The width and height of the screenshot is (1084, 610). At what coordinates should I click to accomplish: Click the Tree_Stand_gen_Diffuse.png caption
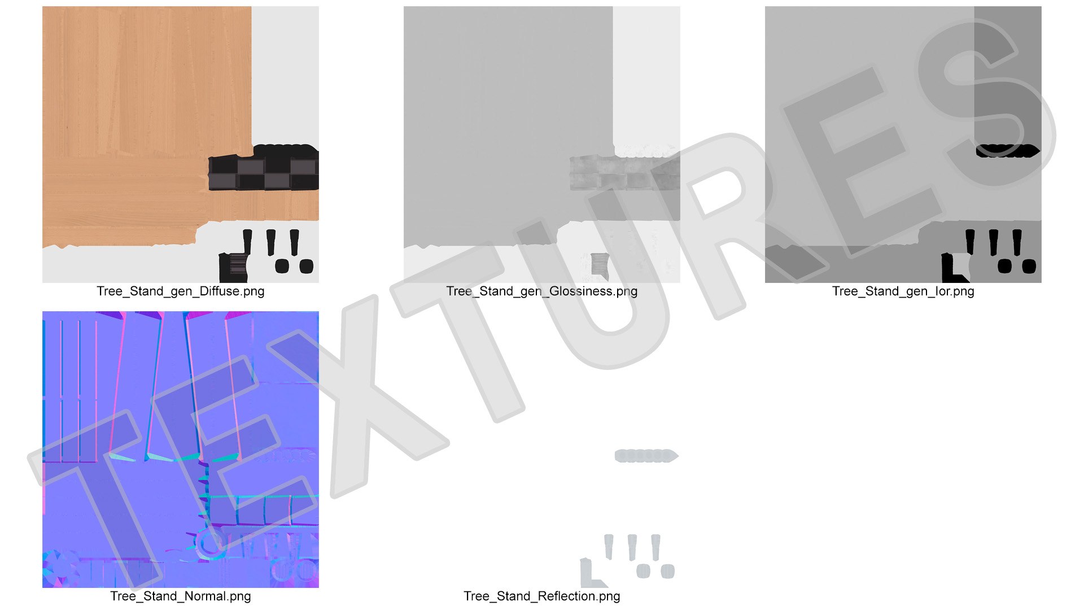tap(181, 291)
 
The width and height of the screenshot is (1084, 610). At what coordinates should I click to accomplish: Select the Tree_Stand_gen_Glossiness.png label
tap(542, 291)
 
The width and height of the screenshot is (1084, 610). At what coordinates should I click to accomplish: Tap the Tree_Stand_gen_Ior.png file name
tap(903, 291)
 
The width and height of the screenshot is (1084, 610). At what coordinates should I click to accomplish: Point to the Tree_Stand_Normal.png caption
tap(181, 596)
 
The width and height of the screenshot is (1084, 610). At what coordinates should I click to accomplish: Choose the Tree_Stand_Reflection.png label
tap(542, 596)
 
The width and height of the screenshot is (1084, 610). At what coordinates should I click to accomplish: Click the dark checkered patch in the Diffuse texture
tap(264, 173)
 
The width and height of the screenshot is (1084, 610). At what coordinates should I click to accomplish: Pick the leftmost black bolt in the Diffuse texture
tap(247, 242)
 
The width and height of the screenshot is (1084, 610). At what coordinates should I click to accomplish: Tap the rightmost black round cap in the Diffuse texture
tap(306, 267)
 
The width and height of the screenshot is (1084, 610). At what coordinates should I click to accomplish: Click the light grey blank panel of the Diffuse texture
tap(285, 73)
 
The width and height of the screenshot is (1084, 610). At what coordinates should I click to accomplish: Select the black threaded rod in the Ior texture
tap(1008, 151)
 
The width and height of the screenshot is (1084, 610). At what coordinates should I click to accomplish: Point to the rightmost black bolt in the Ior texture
tap(1017, 242)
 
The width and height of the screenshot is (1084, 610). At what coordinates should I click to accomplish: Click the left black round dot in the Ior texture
tap(1005, 266)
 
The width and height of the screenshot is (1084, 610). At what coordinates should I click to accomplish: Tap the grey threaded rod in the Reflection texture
tap(646, 456)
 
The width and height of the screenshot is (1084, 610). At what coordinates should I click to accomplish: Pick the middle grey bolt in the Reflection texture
tap(632, 547)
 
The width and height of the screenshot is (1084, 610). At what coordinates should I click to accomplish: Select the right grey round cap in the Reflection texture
tap(667, 572)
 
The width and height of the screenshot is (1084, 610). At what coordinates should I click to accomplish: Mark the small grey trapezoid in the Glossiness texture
tap(600, 265)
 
